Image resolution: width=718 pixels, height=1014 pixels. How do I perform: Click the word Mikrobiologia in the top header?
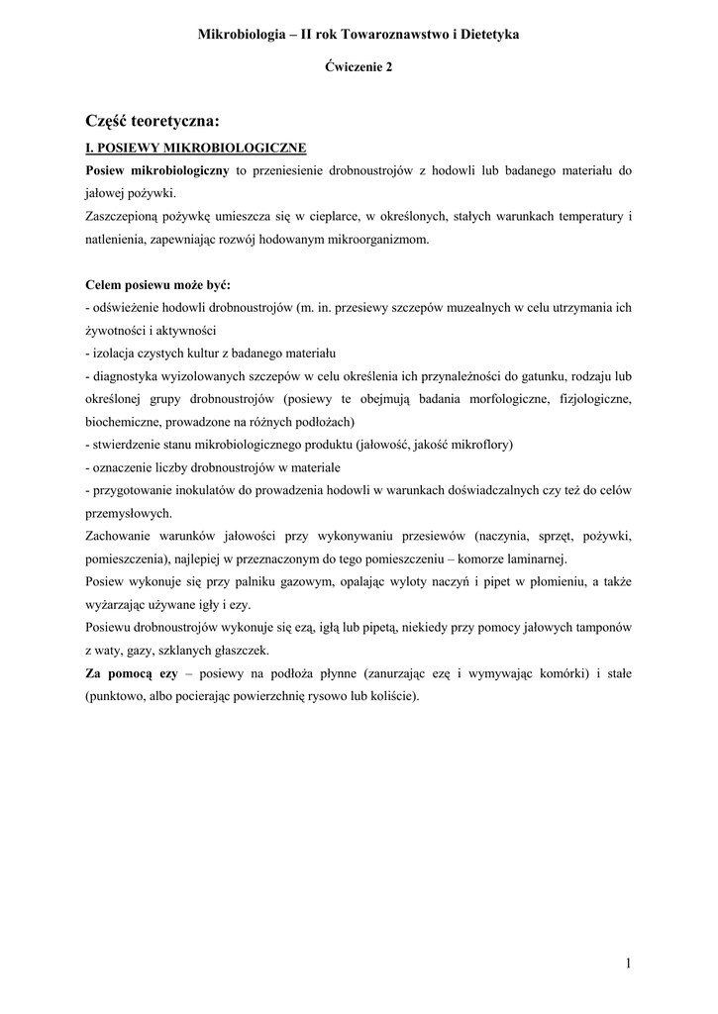pos(240,34)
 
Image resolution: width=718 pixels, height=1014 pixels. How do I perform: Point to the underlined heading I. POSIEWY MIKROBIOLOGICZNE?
pos(196,149)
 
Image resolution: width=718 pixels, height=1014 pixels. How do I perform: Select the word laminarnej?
pos(533,558)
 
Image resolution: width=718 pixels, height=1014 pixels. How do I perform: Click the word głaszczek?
pos(238,650)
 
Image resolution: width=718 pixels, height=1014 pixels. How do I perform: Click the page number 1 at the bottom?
pos(629,964)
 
